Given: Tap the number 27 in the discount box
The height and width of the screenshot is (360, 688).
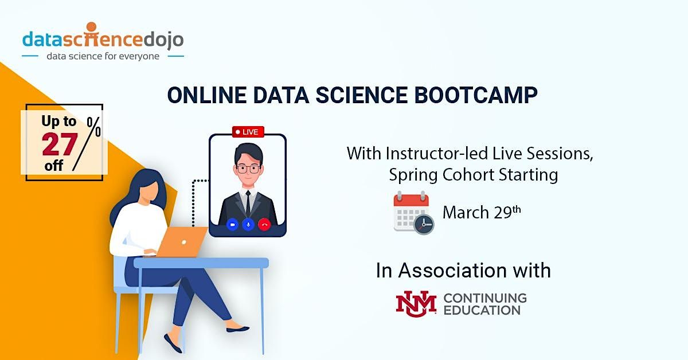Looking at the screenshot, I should tap(60, 144).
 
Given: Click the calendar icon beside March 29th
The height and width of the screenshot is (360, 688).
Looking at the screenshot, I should tap(413, 213).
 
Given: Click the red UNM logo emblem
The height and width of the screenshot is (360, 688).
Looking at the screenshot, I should tap(416, 303).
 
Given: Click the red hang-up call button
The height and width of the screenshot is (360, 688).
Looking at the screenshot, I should tap(264, 225).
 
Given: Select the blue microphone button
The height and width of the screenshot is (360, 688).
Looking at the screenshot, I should tap(248, 225).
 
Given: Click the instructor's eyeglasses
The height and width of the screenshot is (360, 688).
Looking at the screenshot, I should tap(248, 169).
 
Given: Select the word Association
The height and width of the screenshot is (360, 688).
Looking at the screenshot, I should tap(474, 270).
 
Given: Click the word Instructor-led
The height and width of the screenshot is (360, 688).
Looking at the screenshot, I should tap(434, 154).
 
